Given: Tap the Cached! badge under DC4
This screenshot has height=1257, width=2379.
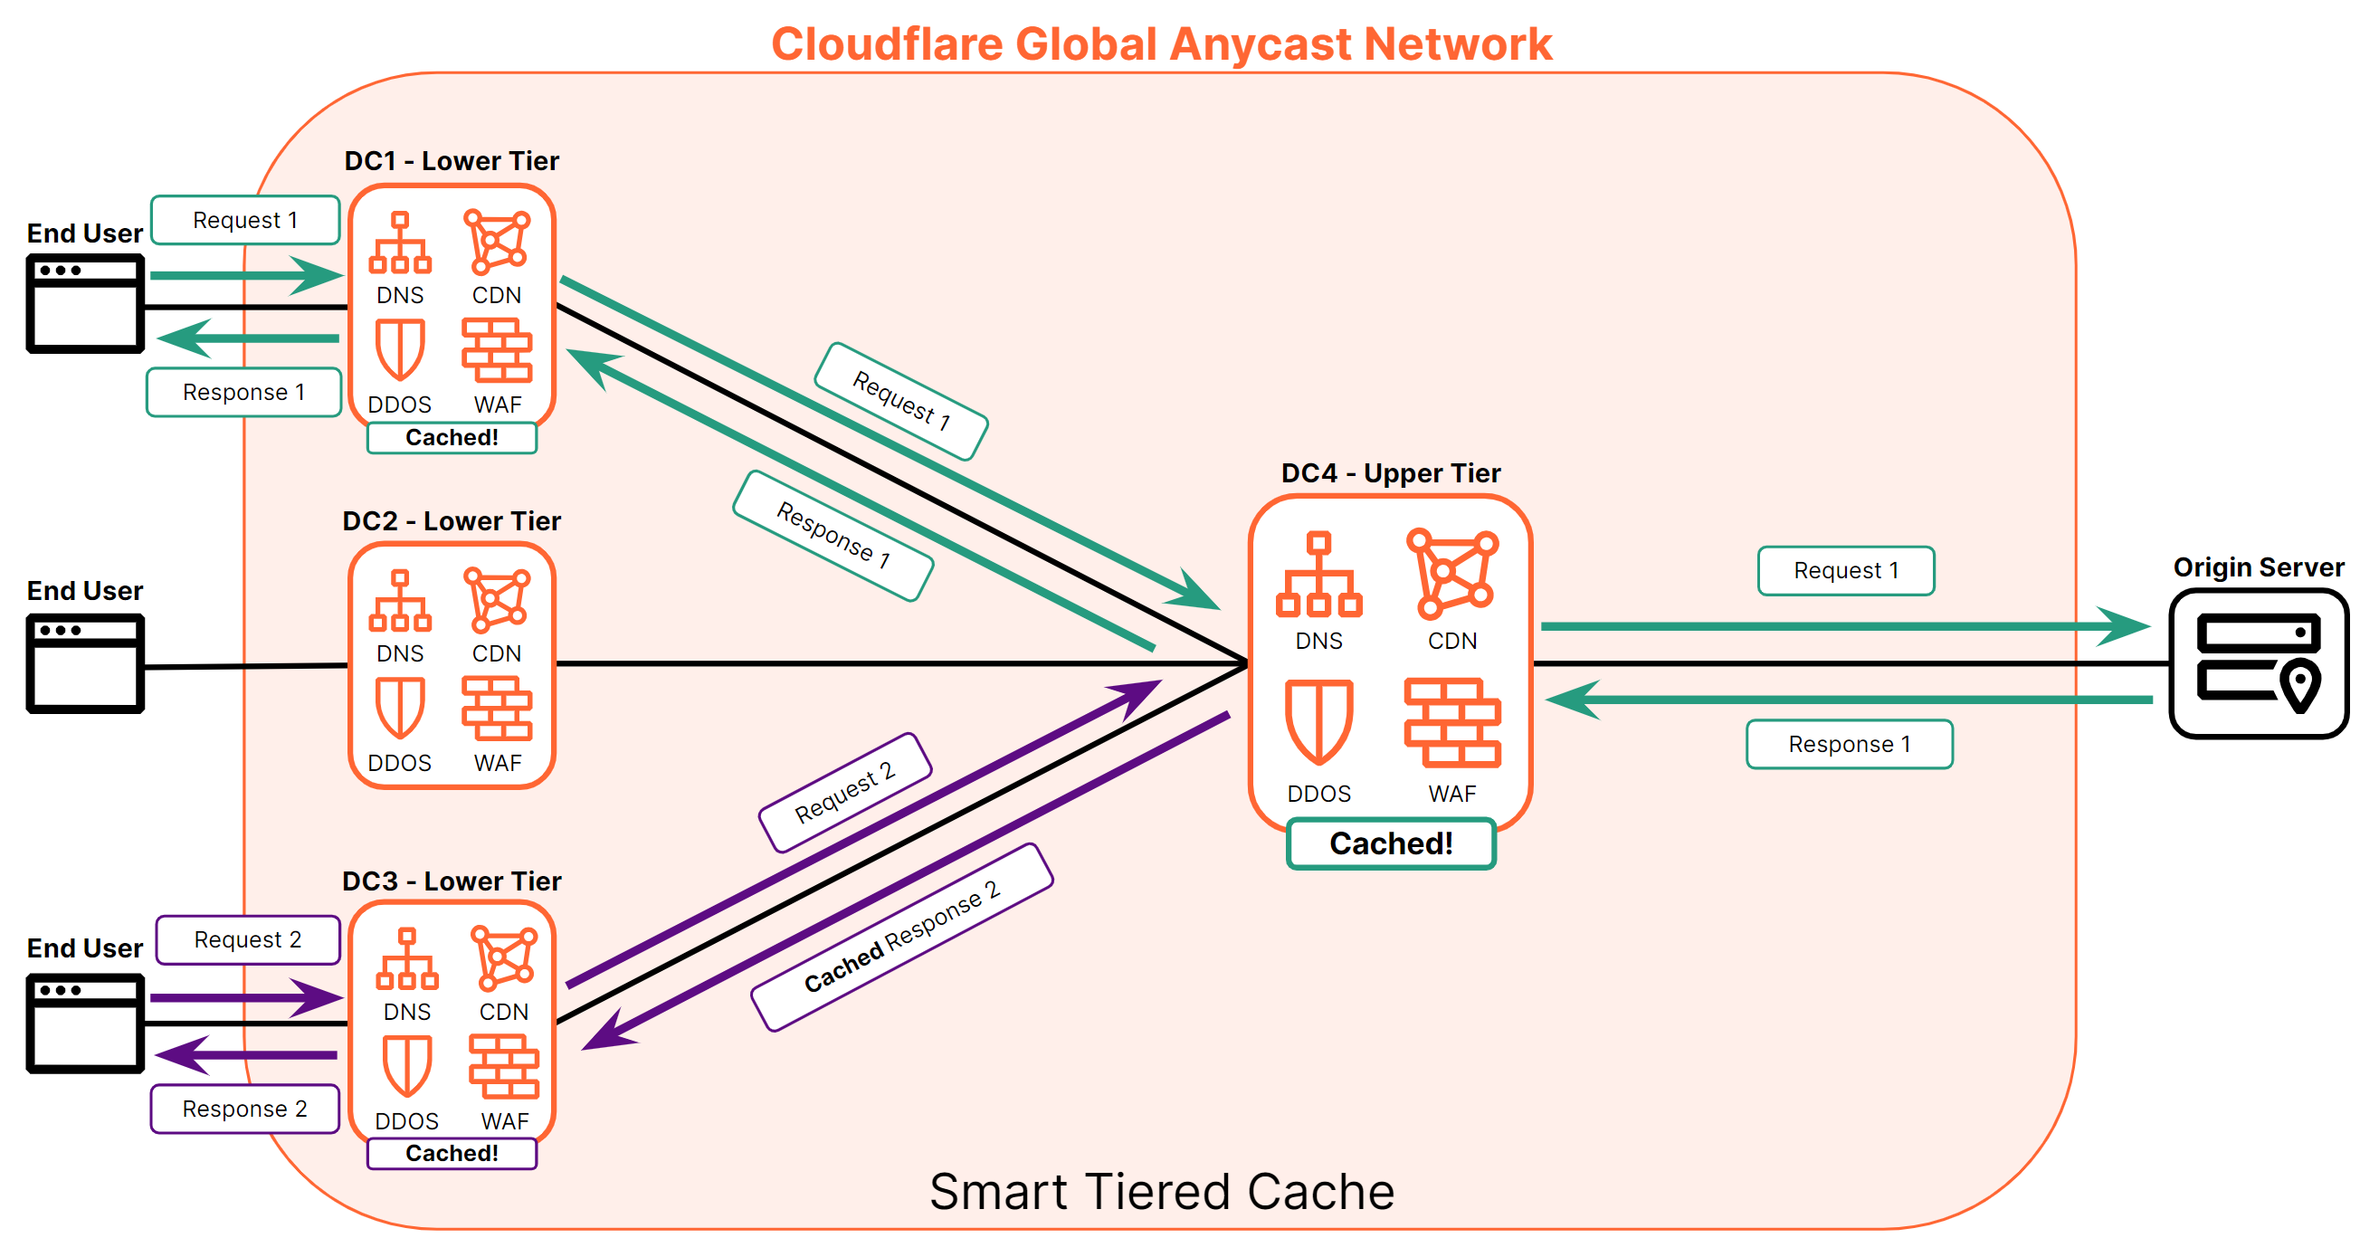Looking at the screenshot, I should [1390, 843].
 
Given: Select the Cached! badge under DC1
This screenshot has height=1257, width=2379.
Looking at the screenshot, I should [452, 437].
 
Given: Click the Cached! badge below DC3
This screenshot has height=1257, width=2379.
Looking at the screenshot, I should [452, 1153].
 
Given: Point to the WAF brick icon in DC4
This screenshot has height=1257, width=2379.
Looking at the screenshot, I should [1451, 722].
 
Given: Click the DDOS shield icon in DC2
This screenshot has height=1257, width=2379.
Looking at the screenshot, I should [400, 708].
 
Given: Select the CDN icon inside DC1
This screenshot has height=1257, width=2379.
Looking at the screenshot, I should [497, 242].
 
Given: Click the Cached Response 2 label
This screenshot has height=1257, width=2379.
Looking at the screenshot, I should [901, 937].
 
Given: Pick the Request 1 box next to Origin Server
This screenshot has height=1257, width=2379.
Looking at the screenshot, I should [1845, 571].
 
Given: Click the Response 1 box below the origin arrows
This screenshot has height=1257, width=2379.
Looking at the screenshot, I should [1849, 745].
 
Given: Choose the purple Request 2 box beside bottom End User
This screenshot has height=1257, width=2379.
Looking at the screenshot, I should [248, 939].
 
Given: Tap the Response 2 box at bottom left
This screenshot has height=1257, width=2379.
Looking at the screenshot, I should [244, 1109].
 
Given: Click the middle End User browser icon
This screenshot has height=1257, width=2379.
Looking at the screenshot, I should [85, 663].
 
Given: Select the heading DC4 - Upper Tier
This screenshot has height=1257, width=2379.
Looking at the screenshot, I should [1390, 473].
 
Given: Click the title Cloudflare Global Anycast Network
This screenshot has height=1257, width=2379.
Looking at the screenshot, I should [1161, 43].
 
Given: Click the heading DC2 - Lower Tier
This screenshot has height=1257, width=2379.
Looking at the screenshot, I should [452, 521].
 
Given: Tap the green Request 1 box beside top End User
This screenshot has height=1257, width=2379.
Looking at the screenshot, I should [244, 220].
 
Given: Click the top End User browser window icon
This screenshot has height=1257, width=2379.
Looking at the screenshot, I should [85, 303].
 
